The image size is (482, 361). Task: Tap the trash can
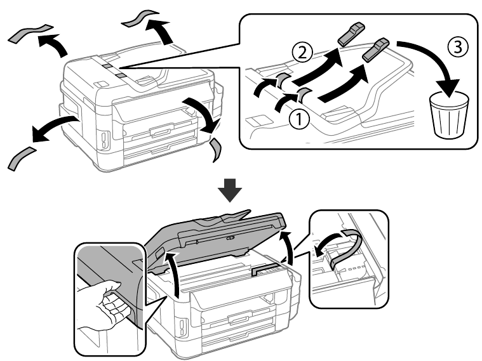pyautogui.click(x=449, y=114)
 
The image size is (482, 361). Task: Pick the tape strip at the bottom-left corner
pyautogui.click(x=24, y=159)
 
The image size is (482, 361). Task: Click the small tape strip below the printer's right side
pyautogui.click(x=216, y=150)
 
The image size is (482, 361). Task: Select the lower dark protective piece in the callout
pyautogui.click(x=377, y=49)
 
